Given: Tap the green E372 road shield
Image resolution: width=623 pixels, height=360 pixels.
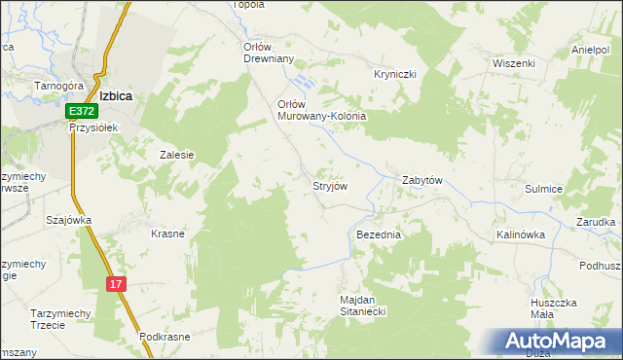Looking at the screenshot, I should [x=81, y=114].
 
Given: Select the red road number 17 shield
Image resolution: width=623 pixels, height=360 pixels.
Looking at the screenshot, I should [x=116, y=283].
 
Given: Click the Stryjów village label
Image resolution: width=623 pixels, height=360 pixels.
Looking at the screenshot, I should [x=329, y=184].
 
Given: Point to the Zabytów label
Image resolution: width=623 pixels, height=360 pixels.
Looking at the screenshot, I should [x=423, y=181].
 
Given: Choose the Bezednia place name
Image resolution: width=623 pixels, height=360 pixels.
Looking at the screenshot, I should [x=379, y=235].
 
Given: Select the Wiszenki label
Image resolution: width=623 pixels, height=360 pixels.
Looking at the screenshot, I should [x=514, y=63].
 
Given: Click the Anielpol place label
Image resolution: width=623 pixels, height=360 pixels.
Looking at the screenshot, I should [x=591, y=50].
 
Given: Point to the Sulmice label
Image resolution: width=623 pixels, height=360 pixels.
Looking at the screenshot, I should [x=544, y=191].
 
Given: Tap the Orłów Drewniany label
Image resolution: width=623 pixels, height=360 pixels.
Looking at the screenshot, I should [x=268, y=51].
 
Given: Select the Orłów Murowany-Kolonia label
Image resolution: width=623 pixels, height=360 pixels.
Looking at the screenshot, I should [x=321, y=110].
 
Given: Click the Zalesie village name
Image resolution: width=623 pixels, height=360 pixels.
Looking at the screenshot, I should [x=177, y=154].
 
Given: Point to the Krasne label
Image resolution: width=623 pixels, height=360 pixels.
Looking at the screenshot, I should [x=167, y=234].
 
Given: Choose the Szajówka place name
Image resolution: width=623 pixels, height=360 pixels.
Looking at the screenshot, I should [x=68, y=220].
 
